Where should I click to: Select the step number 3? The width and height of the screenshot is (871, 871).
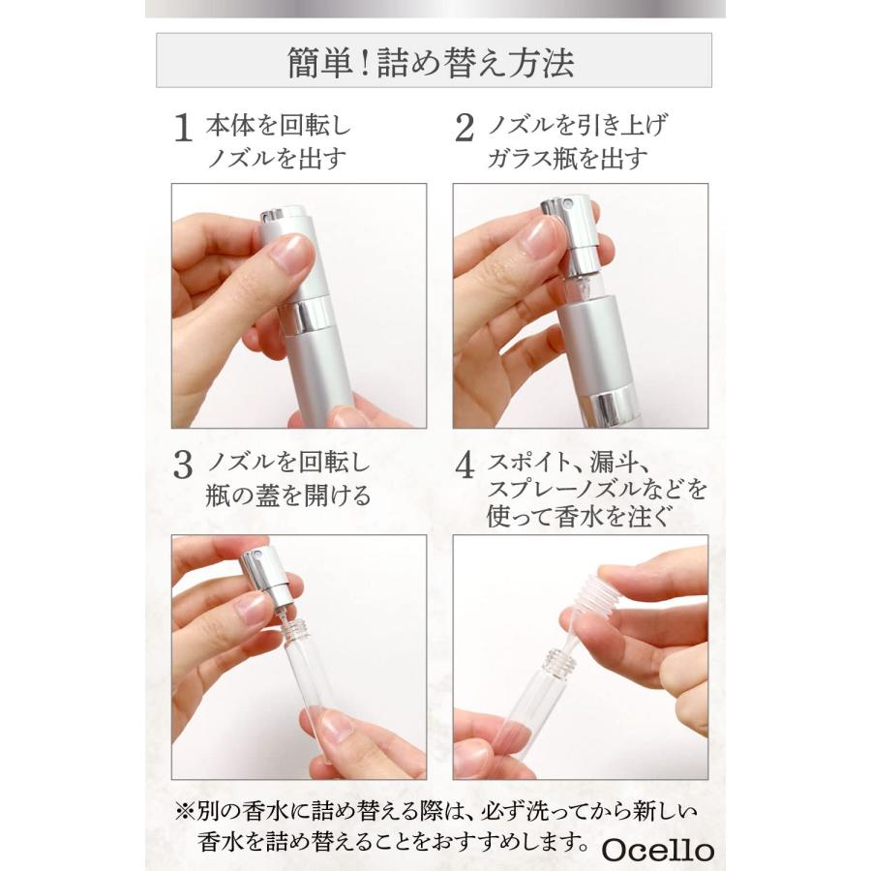(182, 466)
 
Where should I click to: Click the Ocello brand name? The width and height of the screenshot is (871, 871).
(657, 850)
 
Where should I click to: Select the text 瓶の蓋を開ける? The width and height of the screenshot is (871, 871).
(288, 496)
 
